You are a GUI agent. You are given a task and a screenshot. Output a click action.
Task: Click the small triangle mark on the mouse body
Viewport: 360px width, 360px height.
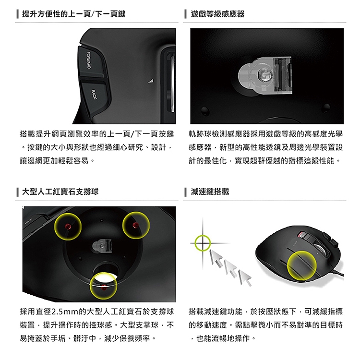[x=151, y=81]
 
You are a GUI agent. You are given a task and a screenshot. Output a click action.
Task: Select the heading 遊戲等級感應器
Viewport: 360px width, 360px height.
[x=217, y=14]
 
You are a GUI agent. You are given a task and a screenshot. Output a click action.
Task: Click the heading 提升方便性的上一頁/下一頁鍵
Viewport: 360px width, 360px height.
[x=74, y=14]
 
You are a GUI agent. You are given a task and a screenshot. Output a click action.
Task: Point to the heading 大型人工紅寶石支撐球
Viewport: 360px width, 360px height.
[x=60, y=192]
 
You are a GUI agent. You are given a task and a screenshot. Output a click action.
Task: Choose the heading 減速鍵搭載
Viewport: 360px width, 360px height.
[x=210, y=192]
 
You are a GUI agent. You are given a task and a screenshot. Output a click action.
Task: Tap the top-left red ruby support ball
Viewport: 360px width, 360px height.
[x=68, y=227]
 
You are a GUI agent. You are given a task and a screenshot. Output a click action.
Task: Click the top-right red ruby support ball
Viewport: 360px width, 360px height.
[x=135, y=225]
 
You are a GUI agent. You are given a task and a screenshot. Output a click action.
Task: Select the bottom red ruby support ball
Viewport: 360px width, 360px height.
[x=104, y=287]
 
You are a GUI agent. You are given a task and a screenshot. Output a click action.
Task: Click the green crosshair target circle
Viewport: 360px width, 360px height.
[x=203, y=243]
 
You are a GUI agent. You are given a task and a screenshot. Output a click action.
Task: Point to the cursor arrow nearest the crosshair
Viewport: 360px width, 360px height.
[x=216, y=258]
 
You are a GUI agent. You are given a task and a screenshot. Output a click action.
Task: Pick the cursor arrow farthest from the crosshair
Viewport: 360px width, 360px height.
[x=245, y=278]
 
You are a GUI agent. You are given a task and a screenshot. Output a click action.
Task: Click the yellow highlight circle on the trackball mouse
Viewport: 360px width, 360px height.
[x=302, y=265]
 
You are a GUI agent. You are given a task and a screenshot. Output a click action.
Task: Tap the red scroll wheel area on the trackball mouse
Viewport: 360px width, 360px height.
[x=301, y=235]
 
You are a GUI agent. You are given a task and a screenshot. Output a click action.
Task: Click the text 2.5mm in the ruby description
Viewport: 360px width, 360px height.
[x=61, y=312]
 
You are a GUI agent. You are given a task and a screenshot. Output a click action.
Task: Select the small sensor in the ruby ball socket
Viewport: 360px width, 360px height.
[x=102, y=246]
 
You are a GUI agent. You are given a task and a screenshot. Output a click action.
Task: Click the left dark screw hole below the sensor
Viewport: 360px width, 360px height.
[x=205, y=111]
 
